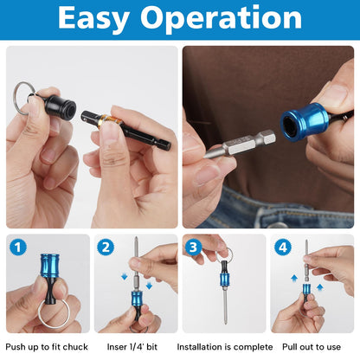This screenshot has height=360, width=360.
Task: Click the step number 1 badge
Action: [x=18, y=247]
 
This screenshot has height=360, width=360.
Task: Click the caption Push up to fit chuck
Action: [x=46, y=346]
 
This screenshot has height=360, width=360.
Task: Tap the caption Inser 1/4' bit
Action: [x=134, y=346]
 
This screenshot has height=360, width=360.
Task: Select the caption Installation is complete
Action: [x=223, y=346]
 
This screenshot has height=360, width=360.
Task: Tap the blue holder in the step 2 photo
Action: [x=137, y=299]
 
